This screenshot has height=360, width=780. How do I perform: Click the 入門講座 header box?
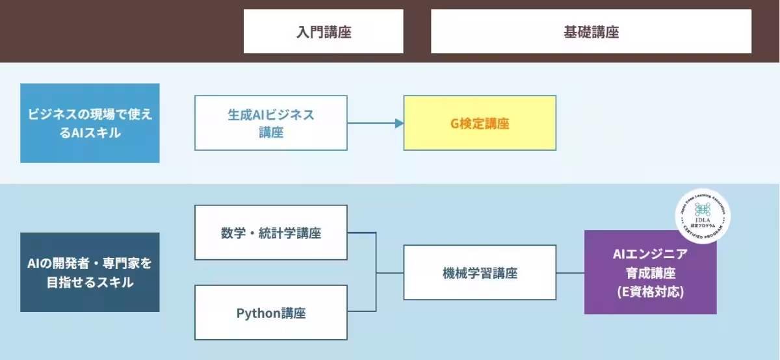(x=323, y=31)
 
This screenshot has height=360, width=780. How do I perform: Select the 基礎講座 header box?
(x=591, y=31)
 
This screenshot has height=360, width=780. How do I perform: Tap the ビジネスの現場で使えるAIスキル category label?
(x=90, y=123)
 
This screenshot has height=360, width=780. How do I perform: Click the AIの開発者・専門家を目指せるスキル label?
(x=90, y=272)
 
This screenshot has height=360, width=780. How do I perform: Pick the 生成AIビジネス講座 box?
(x=270, y=123)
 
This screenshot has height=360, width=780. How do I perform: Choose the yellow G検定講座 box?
(x=480, y=123)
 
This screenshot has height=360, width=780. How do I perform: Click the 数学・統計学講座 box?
(x=270, y=233)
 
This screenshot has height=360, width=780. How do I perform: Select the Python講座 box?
(x=270, y=313)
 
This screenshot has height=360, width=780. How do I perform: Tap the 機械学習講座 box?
(x=480, y=272)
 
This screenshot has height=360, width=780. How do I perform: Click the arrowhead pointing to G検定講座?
(x=399, y=123)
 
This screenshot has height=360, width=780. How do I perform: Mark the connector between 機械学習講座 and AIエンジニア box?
(x=570, y=272)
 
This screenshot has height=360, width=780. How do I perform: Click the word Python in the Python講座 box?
(x=258, y=313)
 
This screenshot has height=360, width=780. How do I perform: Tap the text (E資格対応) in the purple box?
(x=650, y=292)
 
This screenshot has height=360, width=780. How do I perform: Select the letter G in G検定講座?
(x=454, y=123)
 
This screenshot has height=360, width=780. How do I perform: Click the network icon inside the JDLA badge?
(x=703, y=209)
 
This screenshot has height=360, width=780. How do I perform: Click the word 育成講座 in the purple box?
(x=650, y=274)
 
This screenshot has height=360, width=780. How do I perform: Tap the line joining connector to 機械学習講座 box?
(x=390, y=272)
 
